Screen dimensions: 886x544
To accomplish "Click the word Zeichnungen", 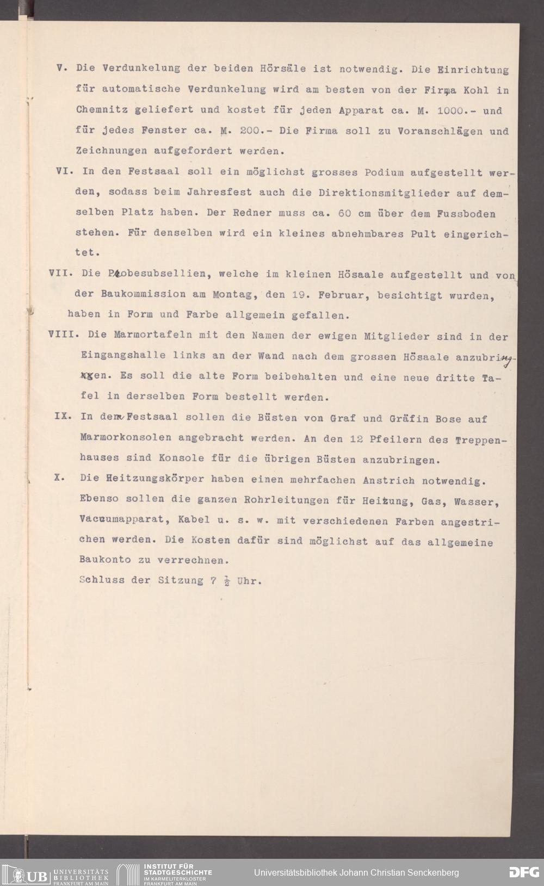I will click(110, 151).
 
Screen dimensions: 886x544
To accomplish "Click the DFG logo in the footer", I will click(523, 872).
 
